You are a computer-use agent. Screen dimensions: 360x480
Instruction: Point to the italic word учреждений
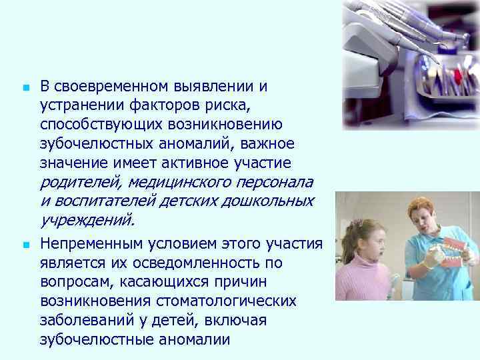pyautogui.click(x=87, y=220)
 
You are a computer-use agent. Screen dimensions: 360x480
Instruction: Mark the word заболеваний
pyautogui.click(x=87, y=321)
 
